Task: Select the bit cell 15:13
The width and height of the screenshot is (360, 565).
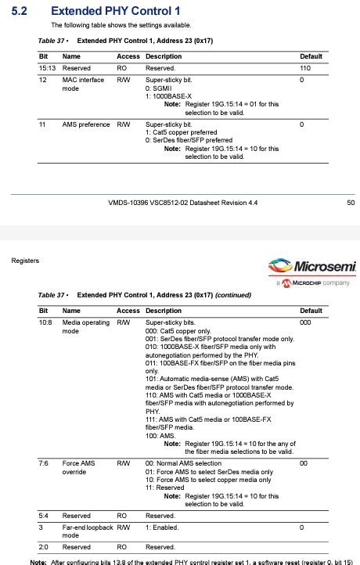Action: [x=47, y=69]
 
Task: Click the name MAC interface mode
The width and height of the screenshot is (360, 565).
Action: [x=82, y=85]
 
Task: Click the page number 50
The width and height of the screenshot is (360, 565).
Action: [x=350, y=203]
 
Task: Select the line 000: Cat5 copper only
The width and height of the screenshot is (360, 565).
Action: [x=182, y=330]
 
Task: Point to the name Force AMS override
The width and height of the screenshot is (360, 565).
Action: [x=78, y=468]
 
